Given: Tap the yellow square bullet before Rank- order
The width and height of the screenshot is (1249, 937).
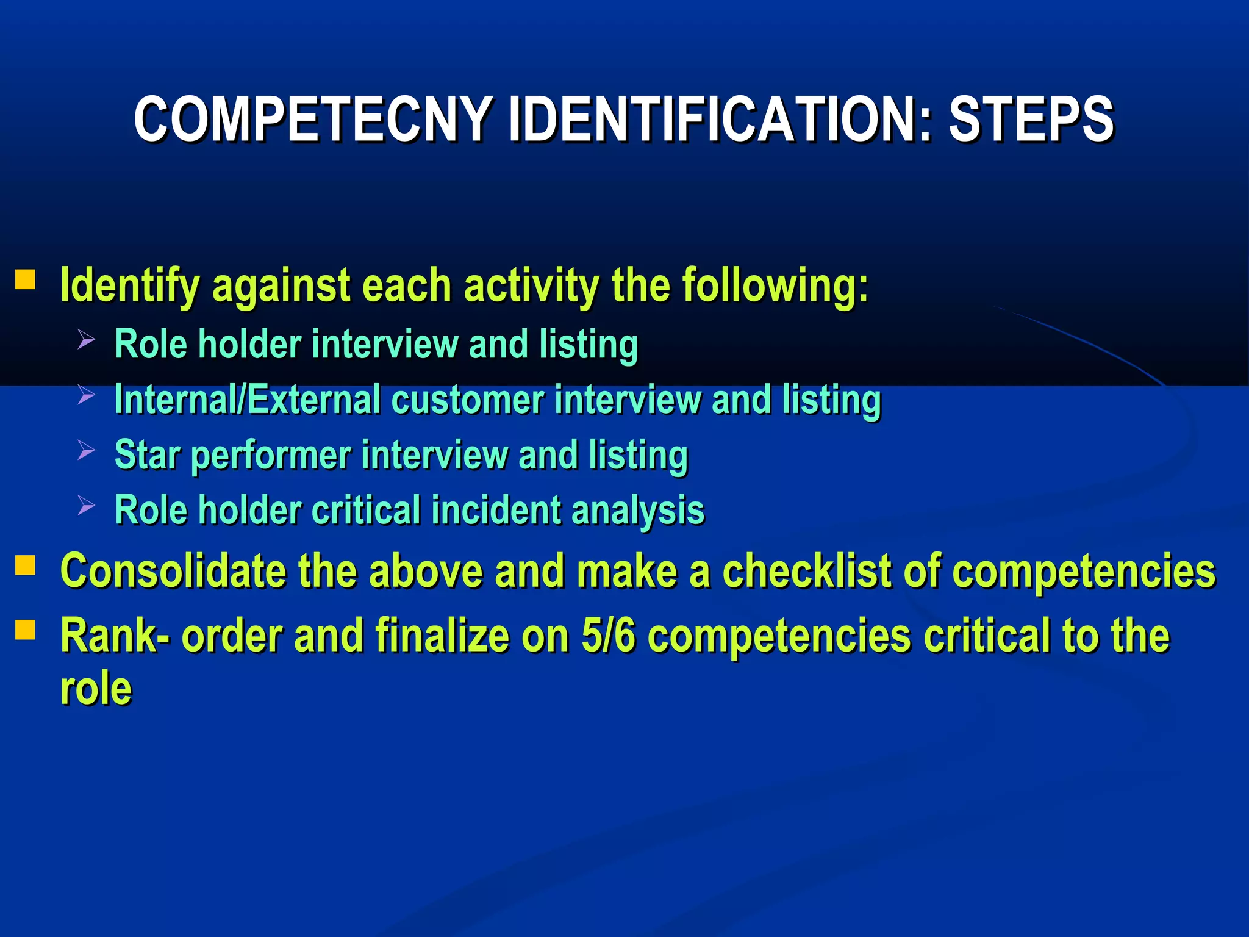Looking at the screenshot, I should click(x=25, y=630).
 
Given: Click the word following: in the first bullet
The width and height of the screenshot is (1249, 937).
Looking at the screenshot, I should click(x=775, y=285).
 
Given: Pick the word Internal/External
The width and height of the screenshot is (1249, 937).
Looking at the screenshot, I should click(x=247, y=400).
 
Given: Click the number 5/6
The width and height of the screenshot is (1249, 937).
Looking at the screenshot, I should click(x=608, y=636).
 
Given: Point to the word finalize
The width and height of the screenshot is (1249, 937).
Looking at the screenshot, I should click(x=442, y=636).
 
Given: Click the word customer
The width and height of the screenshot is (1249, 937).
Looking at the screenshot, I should click(x=467, y=400).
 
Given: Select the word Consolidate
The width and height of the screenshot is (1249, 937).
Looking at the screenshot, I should click(x=173, y=571).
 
